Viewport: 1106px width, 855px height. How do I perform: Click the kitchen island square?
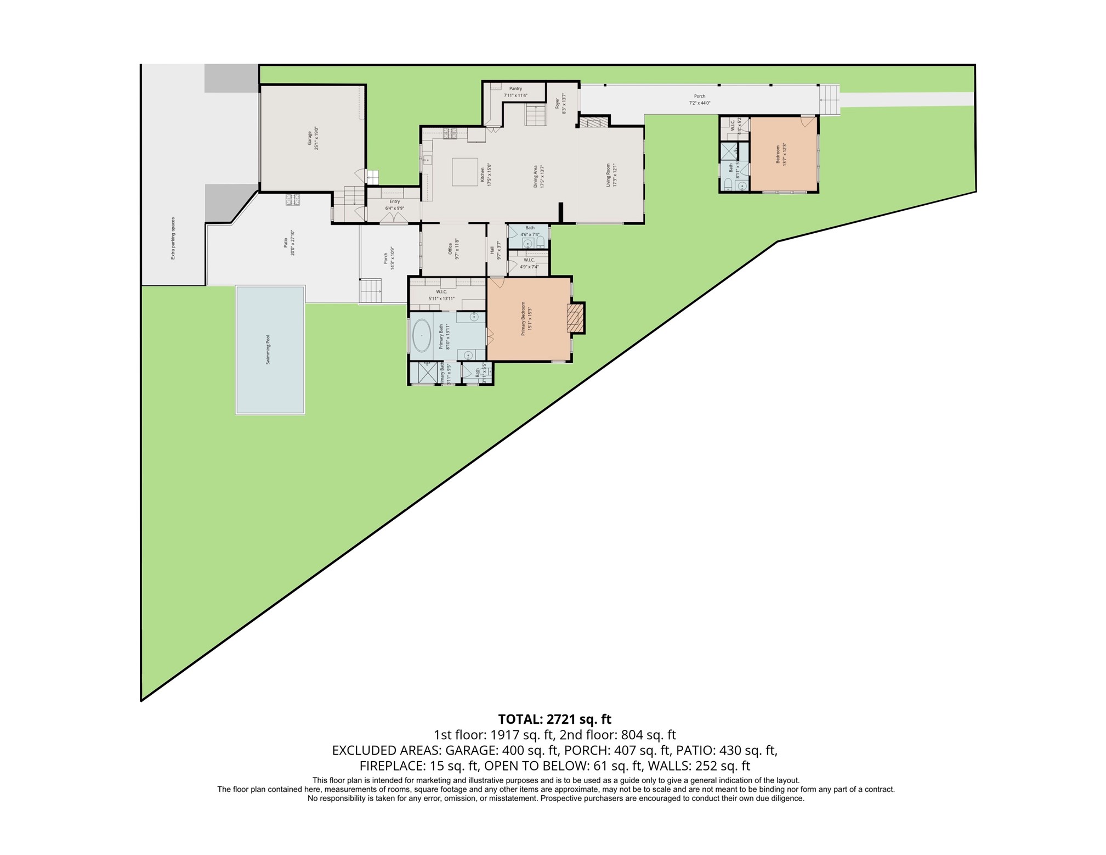[x=465, y=172]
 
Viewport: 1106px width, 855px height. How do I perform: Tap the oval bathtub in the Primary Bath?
[x=421, y=335]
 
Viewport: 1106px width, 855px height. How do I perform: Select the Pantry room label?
[x=515, y=88]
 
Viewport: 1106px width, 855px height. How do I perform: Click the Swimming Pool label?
[x=268, y=350]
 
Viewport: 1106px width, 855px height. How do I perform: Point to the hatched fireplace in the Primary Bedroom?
[x=573, y=318]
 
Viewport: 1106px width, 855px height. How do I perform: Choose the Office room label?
[x=450, y=249]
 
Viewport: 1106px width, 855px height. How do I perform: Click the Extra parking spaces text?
[x=173, y=238]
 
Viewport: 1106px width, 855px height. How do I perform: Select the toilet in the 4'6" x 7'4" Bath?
[x=540, y=242]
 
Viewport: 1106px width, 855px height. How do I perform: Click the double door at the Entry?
[x=394, y=218]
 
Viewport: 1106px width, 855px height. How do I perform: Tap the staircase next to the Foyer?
[x=534, y=115]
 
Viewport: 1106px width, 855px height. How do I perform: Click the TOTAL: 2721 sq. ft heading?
[x=554, y=719]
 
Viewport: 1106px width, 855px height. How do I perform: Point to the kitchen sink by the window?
[x=427, y=160]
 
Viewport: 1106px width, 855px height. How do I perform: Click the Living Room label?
[x=608, y=175]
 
